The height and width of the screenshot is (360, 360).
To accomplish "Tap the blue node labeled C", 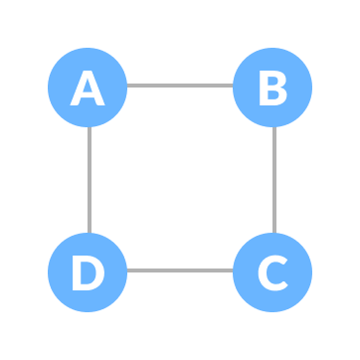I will click(271, 271).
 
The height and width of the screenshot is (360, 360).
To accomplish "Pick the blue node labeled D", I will click(88, 271).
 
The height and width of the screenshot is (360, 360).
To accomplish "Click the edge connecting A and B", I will click(179, 86).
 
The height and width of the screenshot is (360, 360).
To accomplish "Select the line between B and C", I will click(273, 179).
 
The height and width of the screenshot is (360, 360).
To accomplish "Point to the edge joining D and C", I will click(179, 270).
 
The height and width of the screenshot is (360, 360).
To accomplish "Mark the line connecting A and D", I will click(90, 179).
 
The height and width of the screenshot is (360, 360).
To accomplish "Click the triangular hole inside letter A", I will click(88, 87).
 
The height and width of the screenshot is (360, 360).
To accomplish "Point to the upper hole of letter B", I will click(271, 82).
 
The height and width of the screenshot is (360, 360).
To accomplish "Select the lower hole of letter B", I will click(272, 96).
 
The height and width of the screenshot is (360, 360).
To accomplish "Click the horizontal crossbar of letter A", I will click(88, 96).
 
